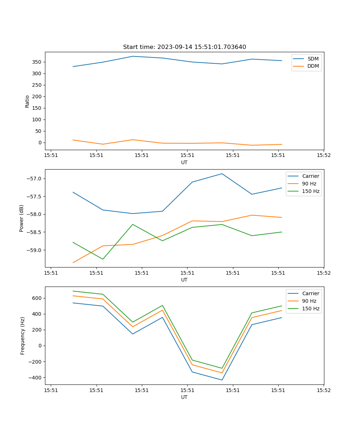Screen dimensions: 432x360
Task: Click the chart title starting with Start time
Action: pyautogui.click(x=184, y=47)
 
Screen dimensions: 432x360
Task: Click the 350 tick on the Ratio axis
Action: pyautogui.click(x=36, y=62)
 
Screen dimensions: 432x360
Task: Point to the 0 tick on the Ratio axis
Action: pyautogui.click(x=39, y=143)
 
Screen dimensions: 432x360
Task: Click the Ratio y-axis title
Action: pyautogui.click(x=27, y=101)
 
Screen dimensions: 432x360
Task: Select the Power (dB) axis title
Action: pyautogui.click(x=22, y=218)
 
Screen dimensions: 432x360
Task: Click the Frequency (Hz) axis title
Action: pyautogui.click(x=22, y=336)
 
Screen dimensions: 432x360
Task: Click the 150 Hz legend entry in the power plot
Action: pyautogui.click(x=311, y=191)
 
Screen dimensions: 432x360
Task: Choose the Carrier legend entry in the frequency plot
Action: pyautogui.click(x=310, y=293)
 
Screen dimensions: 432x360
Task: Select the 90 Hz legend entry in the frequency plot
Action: pyautogui.click(x=309, y=301)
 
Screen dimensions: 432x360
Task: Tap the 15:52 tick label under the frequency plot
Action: pyautogui.click(x=323, y=390)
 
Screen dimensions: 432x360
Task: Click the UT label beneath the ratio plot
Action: pyautogui.click(x=184, y=162)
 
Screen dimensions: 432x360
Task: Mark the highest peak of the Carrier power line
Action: pyautogui.click(x=222, y=174)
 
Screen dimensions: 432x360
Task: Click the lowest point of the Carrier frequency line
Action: pyautogui.click(x=222, y=380)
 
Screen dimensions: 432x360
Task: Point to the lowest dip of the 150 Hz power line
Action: pyautogui.click(x=103, y=259)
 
